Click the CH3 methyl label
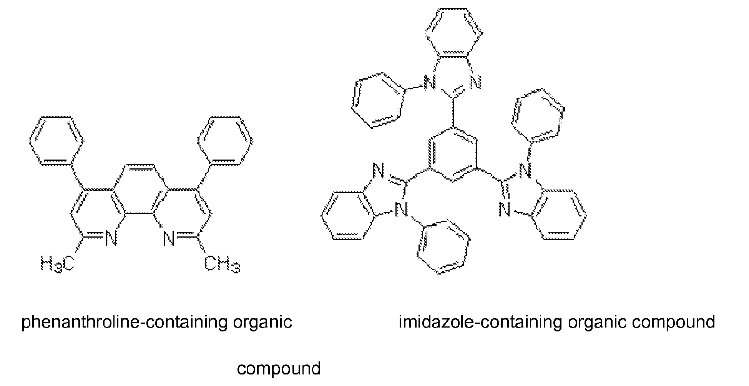222,264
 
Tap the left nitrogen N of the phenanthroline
111,239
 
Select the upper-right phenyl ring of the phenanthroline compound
225,141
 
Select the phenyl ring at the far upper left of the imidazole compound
379,100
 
